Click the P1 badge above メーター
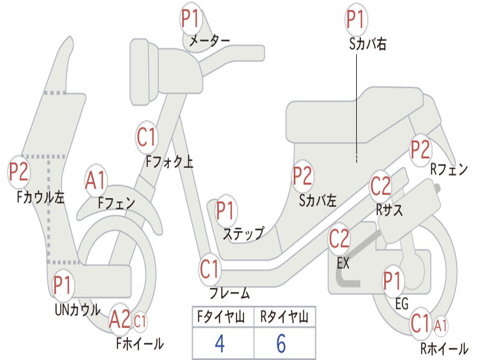click(x=191, y=19)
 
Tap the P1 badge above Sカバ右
click(x=356, y=19)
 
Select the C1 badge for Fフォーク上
click(x=147, y=137)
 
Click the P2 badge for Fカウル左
click(x=19, y=172)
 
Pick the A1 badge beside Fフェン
click(x=96, y=180)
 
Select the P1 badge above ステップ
click(x=226, y=210)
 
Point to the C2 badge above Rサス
click(x=381, y=186)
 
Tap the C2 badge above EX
click(x=339, y=239)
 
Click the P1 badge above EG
click(x=393, y=281)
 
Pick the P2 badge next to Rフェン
click(x=420, y=150)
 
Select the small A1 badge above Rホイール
click(x=441, y=326)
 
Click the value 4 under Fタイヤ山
click(x=220, y=344)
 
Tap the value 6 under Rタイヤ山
click(x=281, y=344)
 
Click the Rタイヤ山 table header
click(x=285, y=316)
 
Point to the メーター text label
click(x=210, y=40)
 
